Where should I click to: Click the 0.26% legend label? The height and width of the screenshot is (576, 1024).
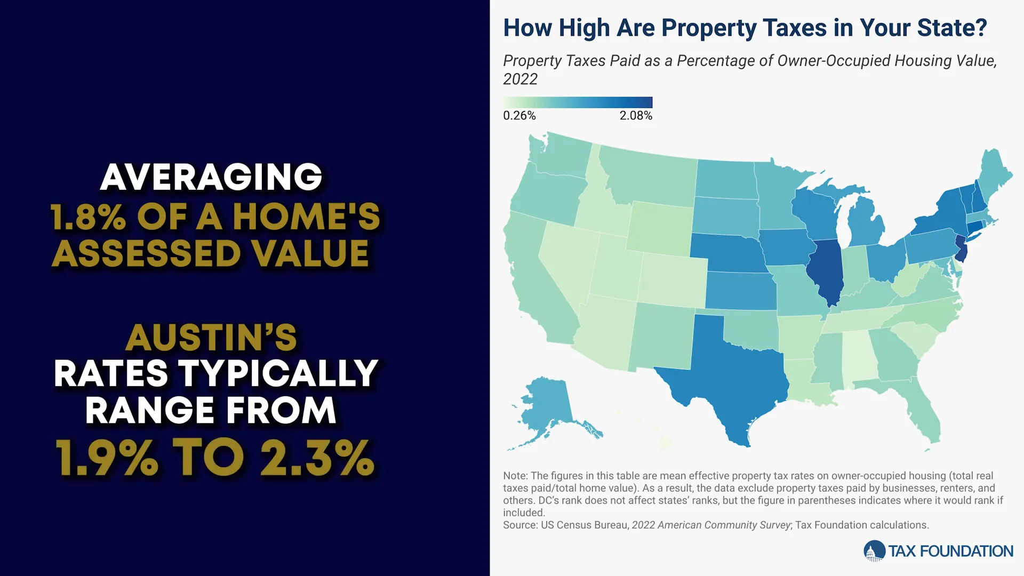(x=519, y=116)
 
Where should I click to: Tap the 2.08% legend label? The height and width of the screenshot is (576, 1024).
(x=636, y=116)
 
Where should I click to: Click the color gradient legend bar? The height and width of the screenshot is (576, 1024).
(x=578, y=102)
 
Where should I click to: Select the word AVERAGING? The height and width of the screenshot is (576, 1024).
(x=211, y=177)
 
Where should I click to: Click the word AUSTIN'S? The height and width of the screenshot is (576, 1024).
(x=211, y=338)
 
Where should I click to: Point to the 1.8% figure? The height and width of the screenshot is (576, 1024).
(x=88, y=217)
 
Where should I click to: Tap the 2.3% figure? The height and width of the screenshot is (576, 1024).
(x=317, y=458)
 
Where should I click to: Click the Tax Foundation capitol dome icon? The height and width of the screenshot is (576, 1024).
(x=874, y=551)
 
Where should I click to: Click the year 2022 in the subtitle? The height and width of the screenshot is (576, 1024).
(x=520, y=79)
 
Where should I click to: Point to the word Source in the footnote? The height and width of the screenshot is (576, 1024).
(x=520, y=525)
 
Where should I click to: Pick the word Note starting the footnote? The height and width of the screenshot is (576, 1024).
(x=515, y=476)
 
